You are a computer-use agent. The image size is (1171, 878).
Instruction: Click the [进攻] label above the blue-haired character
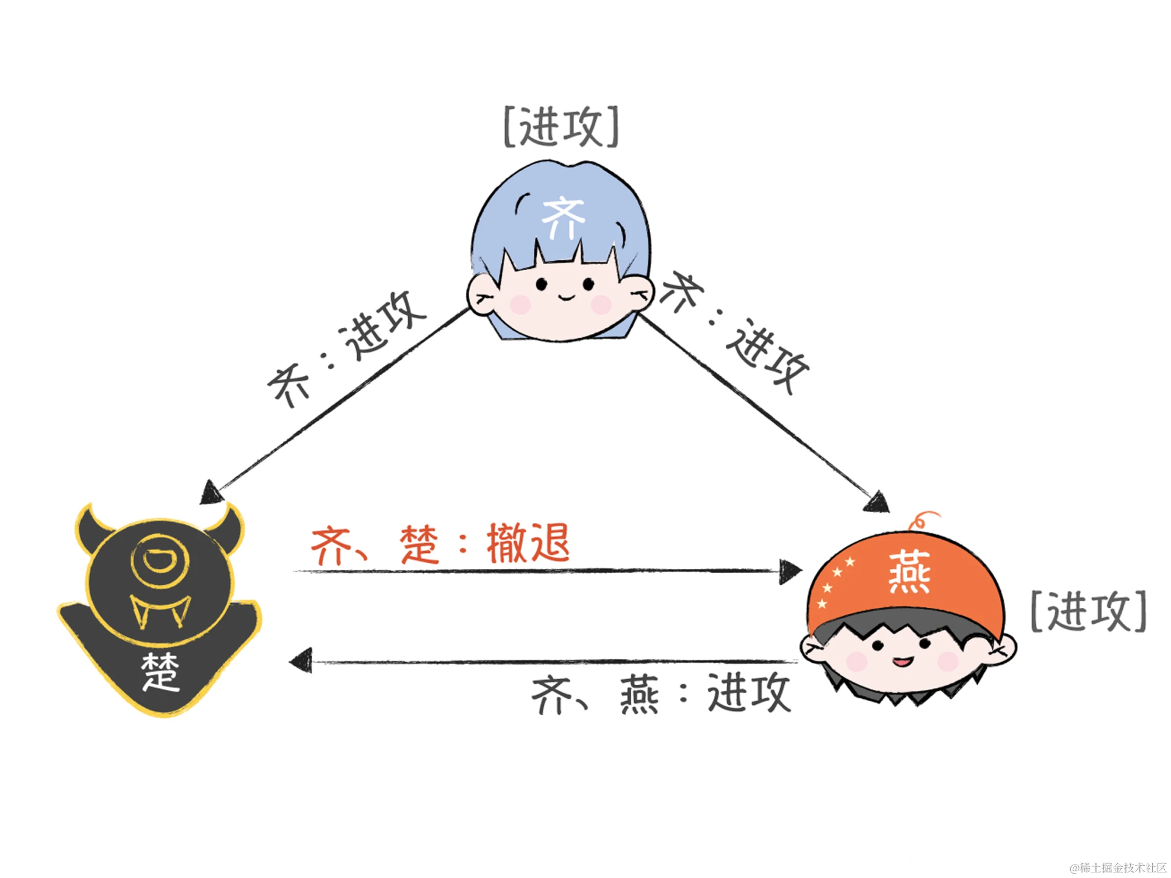[561, 127]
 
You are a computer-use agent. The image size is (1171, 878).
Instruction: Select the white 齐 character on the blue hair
[563, 218]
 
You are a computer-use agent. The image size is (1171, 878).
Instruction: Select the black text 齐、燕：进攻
[661, 693]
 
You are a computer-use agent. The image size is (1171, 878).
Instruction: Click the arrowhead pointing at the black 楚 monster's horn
[210, 492]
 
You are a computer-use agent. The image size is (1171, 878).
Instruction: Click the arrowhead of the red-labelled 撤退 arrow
[790, 571]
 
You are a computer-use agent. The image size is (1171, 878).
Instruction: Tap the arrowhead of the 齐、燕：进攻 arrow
[301, 661]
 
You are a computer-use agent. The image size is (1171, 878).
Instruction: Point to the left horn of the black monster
[91, 527]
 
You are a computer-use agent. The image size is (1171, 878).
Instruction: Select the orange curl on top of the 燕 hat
[921, 520]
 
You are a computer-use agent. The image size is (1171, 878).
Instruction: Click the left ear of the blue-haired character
[482, 294]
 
